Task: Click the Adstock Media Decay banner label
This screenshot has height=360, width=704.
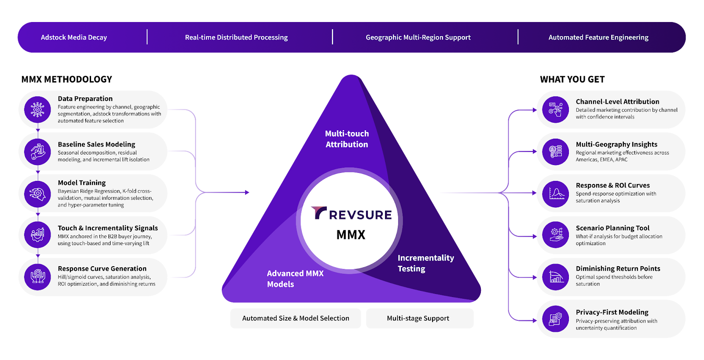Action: coord(74,37)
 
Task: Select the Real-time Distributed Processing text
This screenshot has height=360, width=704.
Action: coord(236,37)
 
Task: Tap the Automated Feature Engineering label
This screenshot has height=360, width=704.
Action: coord(598,37)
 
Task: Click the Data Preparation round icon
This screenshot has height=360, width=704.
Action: coord(38,110)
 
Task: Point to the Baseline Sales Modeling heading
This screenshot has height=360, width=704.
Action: coord(96,144)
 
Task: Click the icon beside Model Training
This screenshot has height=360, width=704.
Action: coord(38,194)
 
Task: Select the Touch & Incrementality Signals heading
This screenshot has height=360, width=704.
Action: coord(108,228)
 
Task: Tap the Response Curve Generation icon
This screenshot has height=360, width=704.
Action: coord(38,276)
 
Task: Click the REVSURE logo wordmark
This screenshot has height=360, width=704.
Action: coord(351,214)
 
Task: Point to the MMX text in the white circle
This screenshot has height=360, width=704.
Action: coord(351,235)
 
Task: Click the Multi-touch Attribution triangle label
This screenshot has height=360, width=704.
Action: coord(347,139)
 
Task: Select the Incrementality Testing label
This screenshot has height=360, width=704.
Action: coord(425,263)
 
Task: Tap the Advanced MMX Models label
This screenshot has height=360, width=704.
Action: coord(295,279)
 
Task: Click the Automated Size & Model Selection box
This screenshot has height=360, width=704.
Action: coord(296,318)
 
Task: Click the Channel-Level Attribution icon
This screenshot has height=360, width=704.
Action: coord(556,110)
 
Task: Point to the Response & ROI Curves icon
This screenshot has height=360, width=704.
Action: coord(556,194)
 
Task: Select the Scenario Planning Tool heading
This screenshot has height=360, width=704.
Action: coord(612,228)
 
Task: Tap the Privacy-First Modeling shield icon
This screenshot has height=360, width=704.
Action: coord(556,319)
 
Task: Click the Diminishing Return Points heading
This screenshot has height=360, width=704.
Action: coord(618,268)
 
